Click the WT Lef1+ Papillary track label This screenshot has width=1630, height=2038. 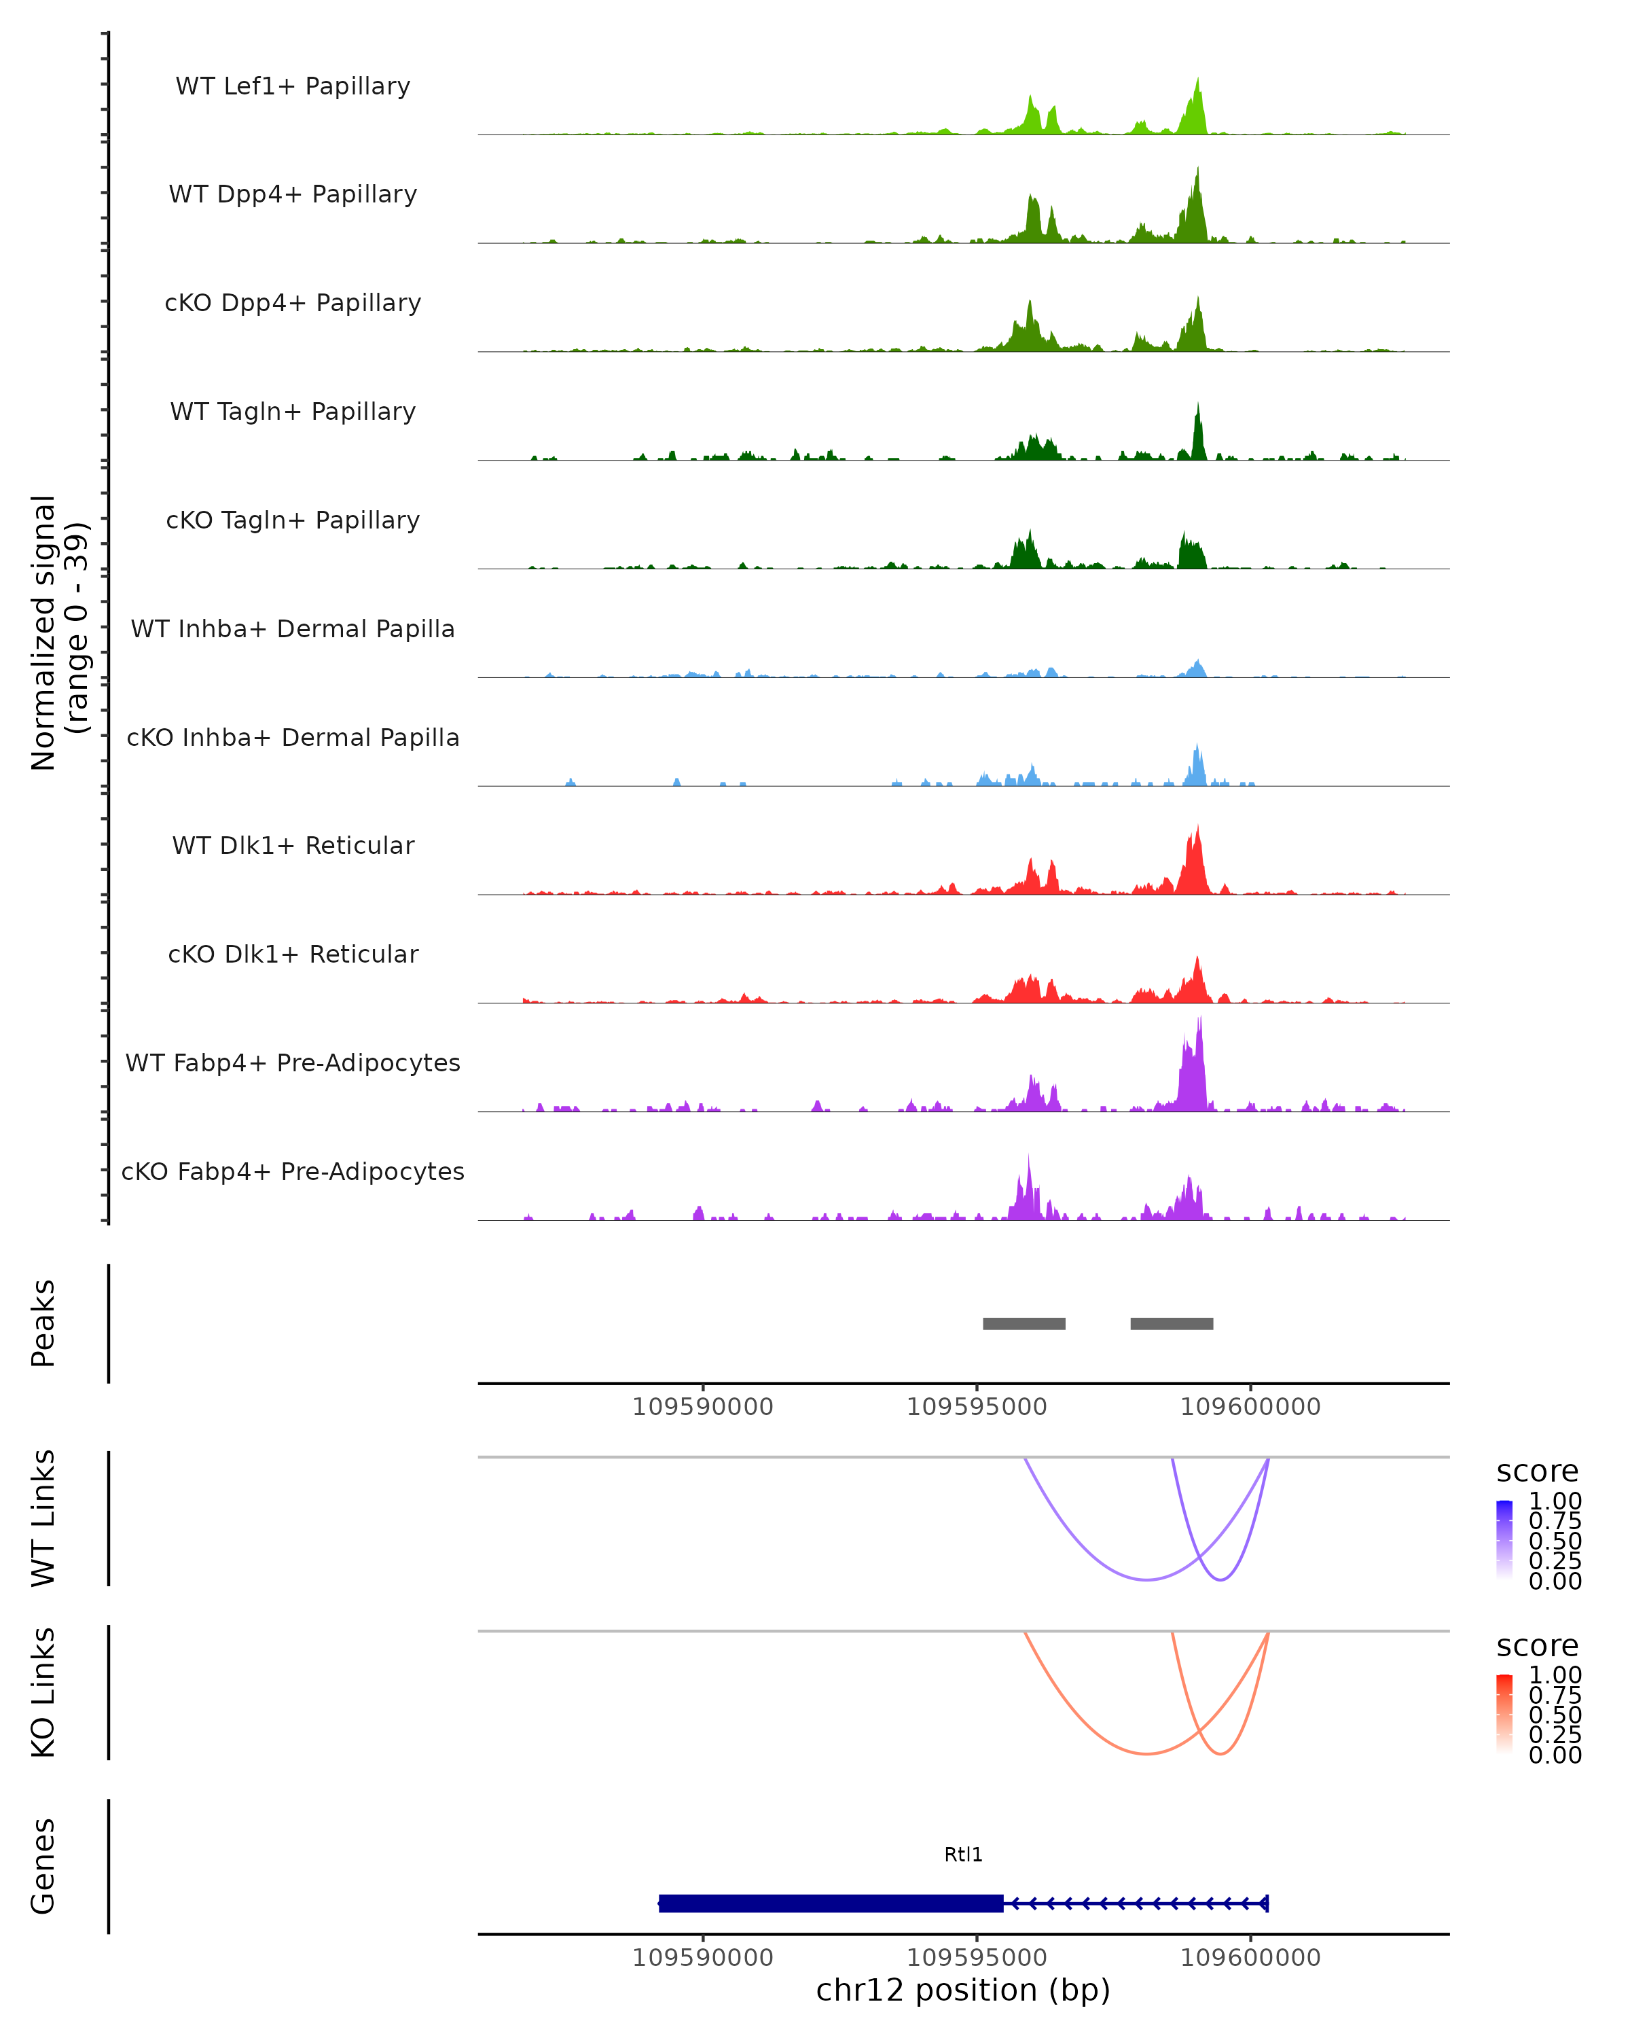tap(293, 86)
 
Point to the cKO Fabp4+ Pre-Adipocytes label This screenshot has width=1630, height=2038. tap(293, 1171)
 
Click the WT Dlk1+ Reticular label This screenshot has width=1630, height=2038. tap(293, 845)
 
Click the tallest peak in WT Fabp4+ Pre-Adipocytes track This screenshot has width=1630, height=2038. tap(1199, 1020)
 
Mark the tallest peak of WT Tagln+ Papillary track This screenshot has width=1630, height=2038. tap(1198, 405)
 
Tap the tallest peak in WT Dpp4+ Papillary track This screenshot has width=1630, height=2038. tap(1197, 170)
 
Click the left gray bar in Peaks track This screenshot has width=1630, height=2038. tap(1024, 1323)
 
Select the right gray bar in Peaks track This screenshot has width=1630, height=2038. tap(1172, 1323)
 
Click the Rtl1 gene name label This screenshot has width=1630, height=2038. tap(963, 1855)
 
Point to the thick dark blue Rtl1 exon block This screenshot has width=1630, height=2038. tap(831, 1903)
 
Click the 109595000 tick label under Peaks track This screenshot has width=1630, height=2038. tap(977, 1407)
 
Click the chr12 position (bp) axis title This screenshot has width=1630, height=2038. tap(963, 1990)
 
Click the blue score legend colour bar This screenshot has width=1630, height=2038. tap(1504, 1539)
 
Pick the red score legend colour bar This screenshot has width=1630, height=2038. tap(1504, 1713)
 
